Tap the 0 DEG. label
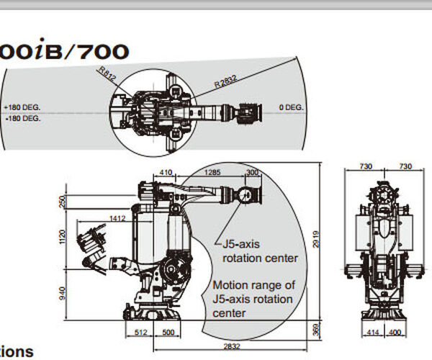tap(292, 107)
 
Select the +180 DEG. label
tap(22, 107)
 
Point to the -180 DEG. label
tap(22, 117)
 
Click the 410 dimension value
tap(166, 172)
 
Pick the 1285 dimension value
tap(212, 172)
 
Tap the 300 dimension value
tap(252, 172)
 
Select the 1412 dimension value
tap(117, 217)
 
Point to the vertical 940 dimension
tap(63, 292)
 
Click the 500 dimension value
tap(167, 332)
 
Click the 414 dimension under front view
tap(371, 332)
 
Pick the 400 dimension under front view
tap(395, 332)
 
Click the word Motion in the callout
tap(230, 284)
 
